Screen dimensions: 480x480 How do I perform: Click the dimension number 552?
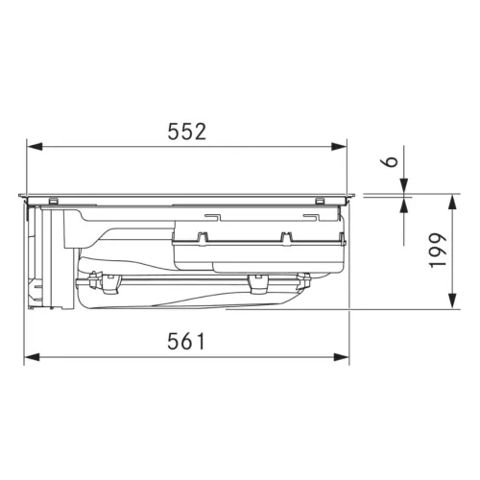pyautogui.click(x=187, y=132)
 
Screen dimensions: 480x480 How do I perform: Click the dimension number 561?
pyautogui.click(x=186, y=341)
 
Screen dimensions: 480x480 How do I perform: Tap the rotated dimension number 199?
pyautogui.click(x=438, y=251)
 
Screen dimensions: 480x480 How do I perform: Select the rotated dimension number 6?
pyautogui.click(x=390, y=161)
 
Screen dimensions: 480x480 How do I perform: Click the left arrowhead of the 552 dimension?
pyautogui.click(x=35, y=147)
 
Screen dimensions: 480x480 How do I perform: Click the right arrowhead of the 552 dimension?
pyautogui.click(x=339, y=147)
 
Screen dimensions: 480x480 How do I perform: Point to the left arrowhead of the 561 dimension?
pyautogui.click(x=32, y=357)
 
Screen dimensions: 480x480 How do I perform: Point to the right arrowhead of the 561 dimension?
pyautogui.click(x=341, y=357)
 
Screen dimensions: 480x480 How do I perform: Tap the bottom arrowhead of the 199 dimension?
pyautogui.click(x=452, y=301)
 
